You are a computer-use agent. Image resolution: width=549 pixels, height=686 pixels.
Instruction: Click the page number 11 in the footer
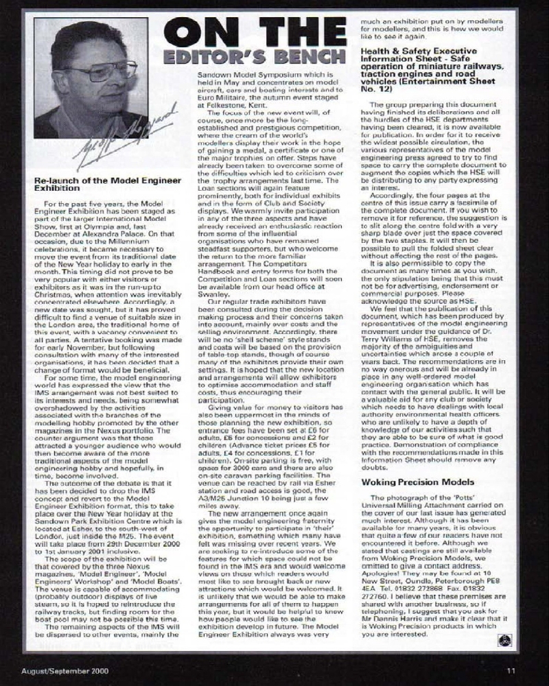tap(511, 671)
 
